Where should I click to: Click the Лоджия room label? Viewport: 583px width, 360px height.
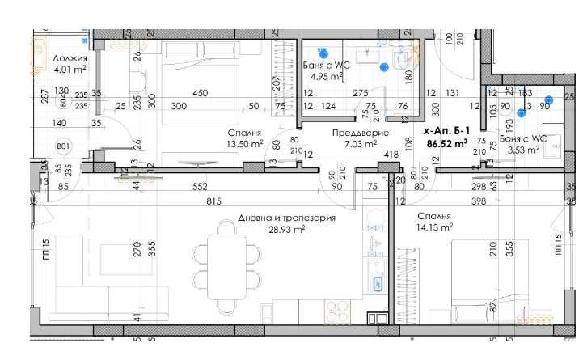pos(71,58)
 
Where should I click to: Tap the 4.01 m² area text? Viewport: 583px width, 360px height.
pos(70,70)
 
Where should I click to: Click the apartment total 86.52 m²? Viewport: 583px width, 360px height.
pos(448,144)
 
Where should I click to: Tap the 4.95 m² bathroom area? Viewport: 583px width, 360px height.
pos(327,77)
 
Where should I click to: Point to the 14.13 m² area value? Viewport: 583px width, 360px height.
pos(436,227)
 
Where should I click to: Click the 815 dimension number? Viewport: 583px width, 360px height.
pos(213,201)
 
